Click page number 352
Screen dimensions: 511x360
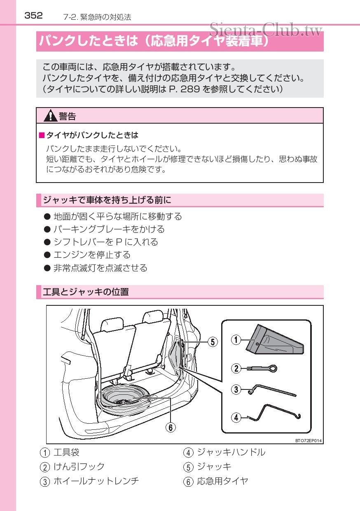coord(33,16)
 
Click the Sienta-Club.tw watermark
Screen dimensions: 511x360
coord(265,30)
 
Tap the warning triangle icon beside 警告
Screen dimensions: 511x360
coord(50,116)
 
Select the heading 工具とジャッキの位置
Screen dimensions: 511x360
coord(86,292)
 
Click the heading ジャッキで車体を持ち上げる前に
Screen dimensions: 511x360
coord(107,200)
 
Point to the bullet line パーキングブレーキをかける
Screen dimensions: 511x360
coord(109,229)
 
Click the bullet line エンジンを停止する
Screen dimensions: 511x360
coord(92,255)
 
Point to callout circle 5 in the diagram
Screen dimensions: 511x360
coord(212,342)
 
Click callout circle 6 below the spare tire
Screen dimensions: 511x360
coord(171,427)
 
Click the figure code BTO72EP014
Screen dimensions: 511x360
coord(308,441)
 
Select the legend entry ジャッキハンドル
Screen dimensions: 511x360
coord(231,452)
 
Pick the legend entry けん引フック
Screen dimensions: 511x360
coord(79,467)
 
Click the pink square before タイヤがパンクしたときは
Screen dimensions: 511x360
coord(41,136)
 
